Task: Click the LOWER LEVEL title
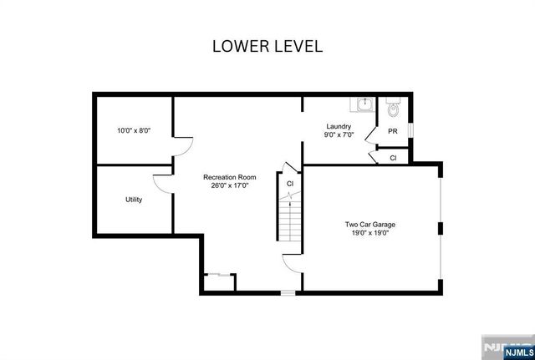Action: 267,46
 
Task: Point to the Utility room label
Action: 134,200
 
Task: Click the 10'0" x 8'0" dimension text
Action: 134,131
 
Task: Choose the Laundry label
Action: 339,126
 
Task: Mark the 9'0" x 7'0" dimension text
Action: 339,134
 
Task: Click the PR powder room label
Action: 392,132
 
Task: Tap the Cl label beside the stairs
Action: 290,183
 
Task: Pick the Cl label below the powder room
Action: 393,157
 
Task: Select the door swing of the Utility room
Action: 162,185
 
